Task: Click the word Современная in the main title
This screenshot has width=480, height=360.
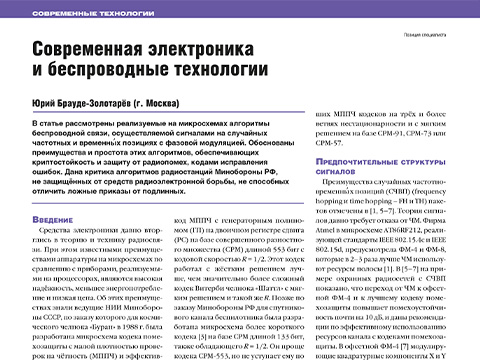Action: pyautogui.click(x=99, y=50)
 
